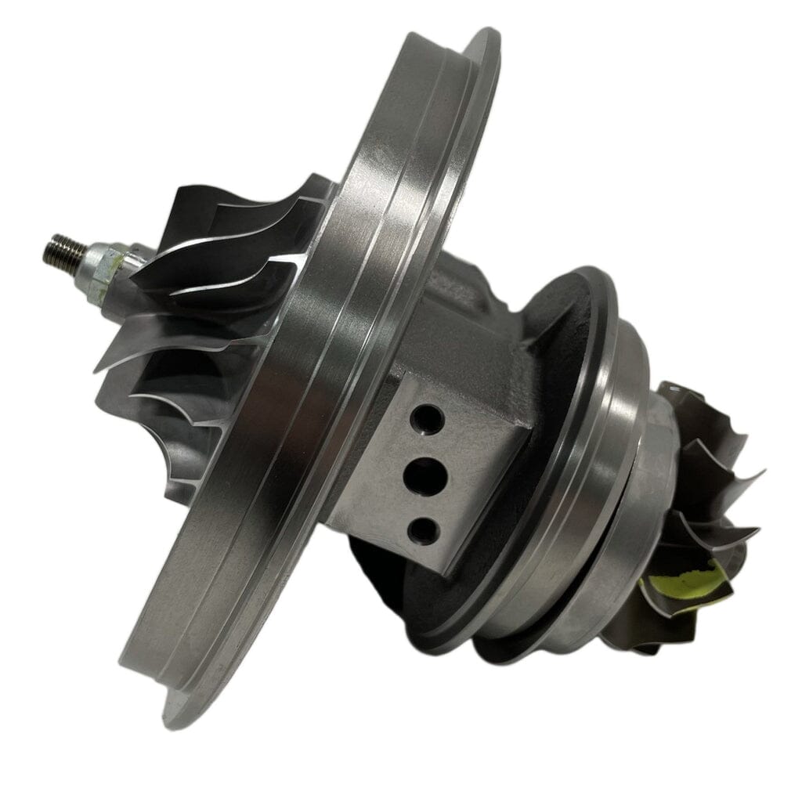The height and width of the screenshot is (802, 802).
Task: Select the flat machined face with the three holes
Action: pos(439,470)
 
